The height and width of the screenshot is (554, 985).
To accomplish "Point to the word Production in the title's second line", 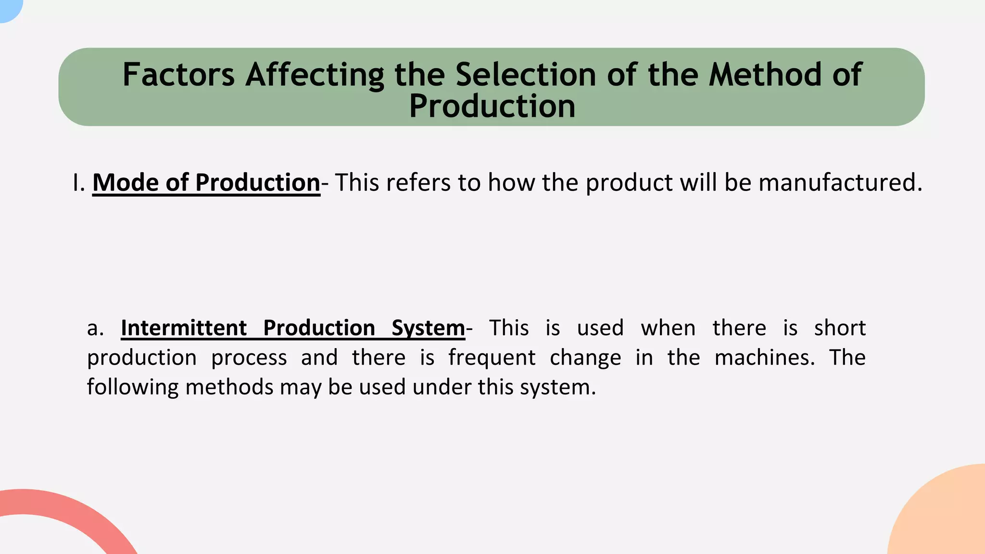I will (x=492, y=106).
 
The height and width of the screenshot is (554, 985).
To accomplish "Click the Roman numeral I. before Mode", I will (x=78, y=183).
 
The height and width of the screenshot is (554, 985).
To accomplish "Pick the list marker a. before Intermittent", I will (x=95, y=328).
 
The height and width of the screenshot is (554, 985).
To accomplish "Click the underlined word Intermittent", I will (x=183, y=328).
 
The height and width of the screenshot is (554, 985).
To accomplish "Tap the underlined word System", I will (x=428, y=328).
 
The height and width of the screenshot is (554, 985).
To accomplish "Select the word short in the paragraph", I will (x=840, y=328).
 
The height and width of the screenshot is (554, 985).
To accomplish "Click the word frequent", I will (x=492, y=358).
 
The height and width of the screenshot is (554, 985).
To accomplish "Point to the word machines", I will (x=764, y=358).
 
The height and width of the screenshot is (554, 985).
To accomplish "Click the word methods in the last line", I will (x=229, y=387).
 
